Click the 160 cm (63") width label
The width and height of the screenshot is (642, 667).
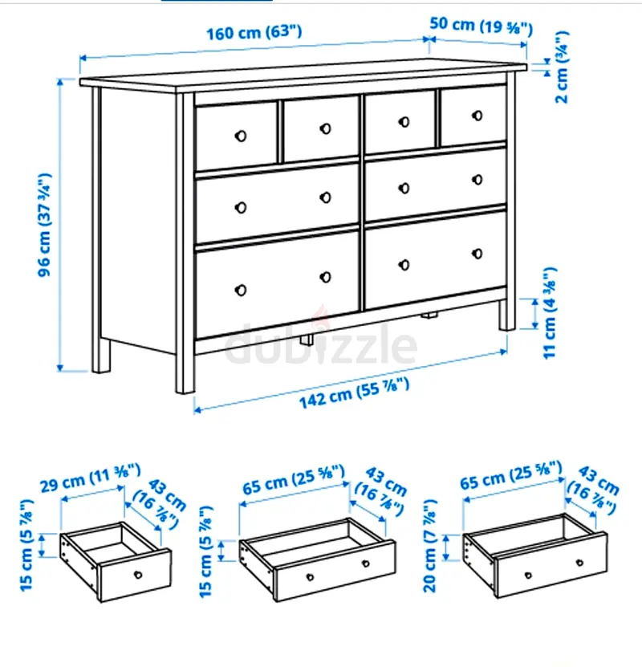point(254,33)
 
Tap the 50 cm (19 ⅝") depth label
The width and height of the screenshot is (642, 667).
point(481,26)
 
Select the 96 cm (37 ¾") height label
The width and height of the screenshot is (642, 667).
point(45,225)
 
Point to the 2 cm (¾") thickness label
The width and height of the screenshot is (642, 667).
point(562,67)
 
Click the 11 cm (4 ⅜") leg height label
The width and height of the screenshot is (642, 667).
point(550,313)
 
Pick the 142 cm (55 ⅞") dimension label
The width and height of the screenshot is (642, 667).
point(354,393)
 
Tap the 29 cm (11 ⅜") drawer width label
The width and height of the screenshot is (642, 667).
point(90,478)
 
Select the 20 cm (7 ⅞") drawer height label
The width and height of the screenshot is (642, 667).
point(430,546)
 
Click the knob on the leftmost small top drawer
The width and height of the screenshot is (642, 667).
point(241,136)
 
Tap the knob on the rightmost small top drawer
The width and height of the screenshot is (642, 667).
point(477,116)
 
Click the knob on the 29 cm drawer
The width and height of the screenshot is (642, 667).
point(138,575)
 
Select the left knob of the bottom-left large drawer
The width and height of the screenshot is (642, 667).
point(241,290)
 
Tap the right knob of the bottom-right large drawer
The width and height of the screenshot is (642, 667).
point(477,254)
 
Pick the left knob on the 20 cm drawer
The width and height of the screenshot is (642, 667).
point(528,575)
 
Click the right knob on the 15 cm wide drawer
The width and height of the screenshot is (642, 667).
point(366,564)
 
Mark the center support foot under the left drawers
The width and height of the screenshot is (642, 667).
point(307,340)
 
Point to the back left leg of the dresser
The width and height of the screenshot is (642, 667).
point(101,356)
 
